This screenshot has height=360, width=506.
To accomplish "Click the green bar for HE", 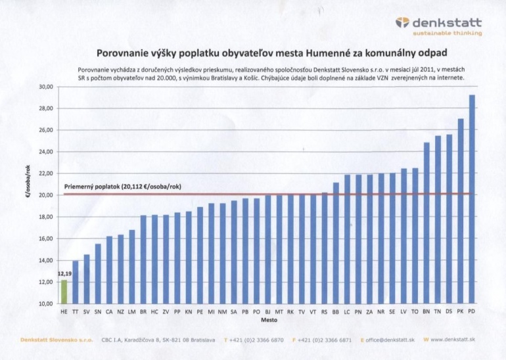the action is (x=64, y=292).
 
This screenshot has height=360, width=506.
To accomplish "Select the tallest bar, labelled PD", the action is (x=471, y=199).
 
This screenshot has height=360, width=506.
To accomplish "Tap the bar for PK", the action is (x=461, y=212).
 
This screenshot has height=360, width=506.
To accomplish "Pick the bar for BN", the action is (x=426, y=223).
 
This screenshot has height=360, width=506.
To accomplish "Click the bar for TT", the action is (x=76, y=282).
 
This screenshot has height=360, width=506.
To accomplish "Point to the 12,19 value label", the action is (x=65, y=274).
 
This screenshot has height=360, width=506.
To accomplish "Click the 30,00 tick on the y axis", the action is (x=46, y=87).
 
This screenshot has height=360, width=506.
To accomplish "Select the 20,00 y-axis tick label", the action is (x=46, y=195).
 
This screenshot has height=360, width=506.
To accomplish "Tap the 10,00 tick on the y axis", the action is (x=46, y=304).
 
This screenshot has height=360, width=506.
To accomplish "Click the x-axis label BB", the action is (x=336, y=312).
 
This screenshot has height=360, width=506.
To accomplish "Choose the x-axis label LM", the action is (x=131, y=312).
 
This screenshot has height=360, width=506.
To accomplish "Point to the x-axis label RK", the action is (x=290, y=312).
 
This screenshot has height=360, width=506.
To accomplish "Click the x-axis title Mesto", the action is (x=269, y=320).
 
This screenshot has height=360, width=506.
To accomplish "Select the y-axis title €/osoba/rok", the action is (x=28, y=181).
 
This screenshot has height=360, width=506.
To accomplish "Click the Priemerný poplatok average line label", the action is (x=123, y=187).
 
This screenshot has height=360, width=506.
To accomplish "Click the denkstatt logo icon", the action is (x=402, y=22).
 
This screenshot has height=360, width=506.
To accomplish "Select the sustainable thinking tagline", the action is (x=448, y=34).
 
